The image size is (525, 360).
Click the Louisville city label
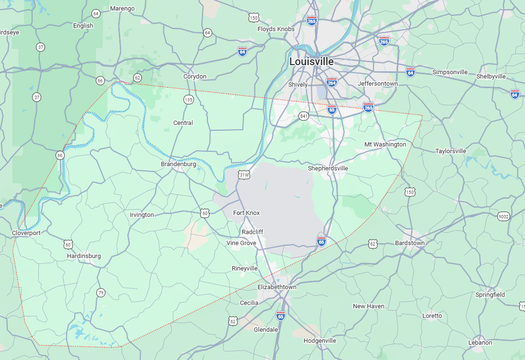311,62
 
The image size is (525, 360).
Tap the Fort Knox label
246,213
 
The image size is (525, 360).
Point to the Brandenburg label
178,164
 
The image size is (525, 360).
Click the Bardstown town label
410,243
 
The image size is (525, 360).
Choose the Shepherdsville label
328,169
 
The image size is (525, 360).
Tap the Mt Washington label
385,144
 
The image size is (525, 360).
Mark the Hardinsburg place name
84,256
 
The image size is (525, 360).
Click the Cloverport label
26,233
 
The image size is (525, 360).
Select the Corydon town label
195,77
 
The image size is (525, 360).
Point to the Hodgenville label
320,341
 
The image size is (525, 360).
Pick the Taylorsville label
450,151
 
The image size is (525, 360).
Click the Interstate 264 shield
331,82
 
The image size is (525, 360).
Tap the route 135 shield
189,100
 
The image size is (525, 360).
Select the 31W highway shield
244,175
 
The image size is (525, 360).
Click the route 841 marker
303,116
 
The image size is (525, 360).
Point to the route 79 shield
101,292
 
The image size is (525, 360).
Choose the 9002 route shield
503,216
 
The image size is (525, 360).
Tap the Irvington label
142,215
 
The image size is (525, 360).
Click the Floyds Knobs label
276,29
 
